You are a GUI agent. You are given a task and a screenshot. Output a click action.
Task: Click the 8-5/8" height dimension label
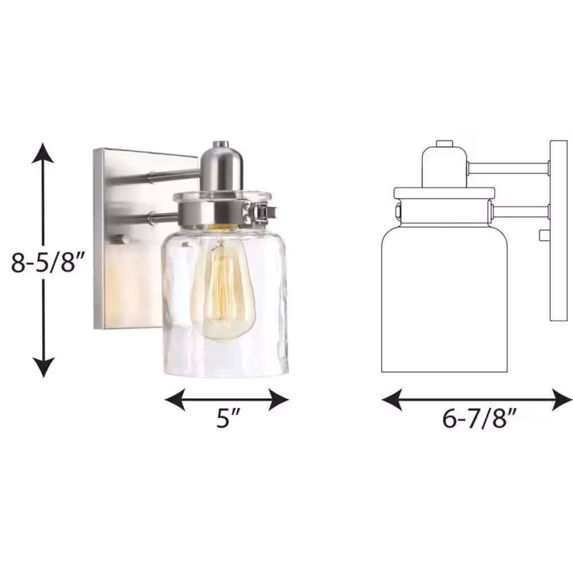48,262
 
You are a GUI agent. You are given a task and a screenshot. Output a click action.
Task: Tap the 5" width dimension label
228,418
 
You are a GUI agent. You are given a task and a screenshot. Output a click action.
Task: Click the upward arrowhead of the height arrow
43,153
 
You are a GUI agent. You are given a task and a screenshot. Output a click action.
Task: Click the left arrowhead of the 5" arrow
175,399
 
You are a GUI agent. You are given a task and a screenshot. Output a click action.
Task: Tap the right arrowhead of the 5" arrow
279,399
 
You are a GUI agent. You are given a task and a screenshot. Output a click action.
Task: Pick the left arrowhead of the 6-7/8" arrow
392,399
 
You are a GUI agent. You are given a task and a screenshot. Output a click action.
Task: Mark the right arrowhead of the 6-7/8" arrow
562,399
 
